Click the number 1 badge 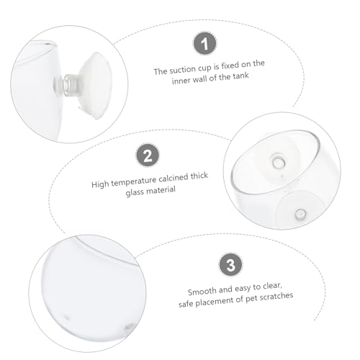point(204,43)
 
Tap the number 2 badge point(148,155)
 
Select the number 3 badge point(230,265)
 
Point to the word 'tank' point(240,76)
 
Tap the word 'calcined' point(174,179)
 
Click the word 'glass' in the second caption point(135,192)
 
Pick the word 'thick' point(199,176)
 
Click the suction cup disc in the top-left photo point(96,86)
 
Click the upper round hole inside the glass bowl point(278,162)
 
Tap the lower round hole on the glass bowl point(300,214)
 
